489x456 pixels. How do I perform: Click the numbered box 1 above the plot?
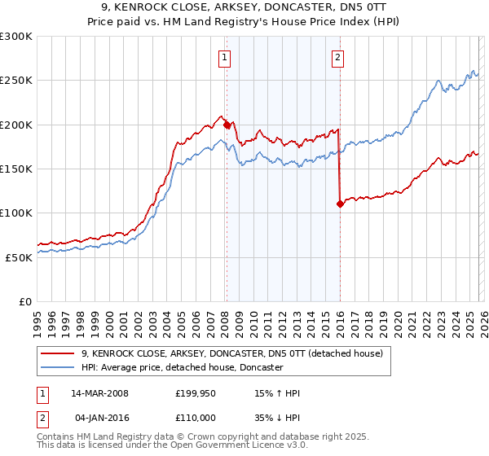[x=224, y=57]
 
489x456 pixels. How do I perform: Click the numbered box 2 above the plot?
[x=337, y=57]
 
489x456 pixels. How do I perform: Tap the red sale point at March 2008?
[x=227, y=125]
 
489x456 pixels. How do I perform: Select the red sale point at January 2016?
[x=340, y=204]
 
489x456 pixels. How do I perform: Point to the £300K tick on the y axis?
[x=16, y=37]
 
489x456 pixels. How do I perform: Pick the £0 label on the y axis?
[x=26, y=301]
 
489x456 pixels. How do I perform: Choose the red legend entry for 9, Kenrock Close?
[x=237, y=354]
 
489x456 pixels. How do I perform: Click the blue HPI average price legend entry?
[x=182, y=368]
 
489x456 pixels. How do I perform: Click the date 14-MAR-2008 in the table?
[x=99, y=393]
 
